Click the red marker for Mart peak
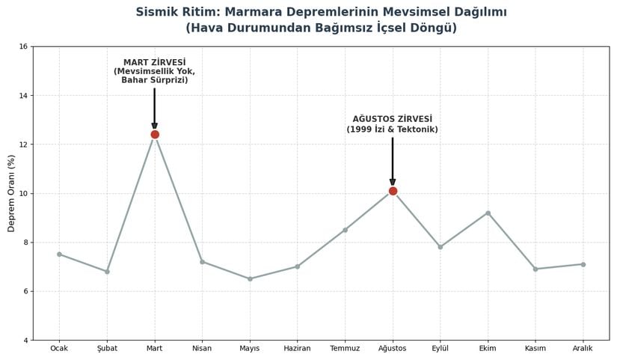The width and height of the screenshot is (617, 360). click(x=155, y=135)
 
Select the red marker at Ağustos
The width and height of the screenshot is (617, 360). click(x=393, y=191)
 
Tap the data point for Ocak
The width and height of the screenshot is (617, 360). click(x=59, y=254)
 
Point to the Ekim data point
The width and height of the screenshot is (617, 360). click(x=488, y=213)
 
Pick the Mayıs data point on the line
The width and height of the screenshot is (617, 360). click(x=250, y=278)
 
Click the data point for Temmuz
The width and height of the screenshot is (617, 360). click(x=345, y=230)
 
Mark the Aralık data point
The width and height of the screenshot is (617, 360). click(x=583, y=264)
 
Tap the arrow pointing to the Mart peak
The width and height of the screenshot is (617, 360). click(x=155, y=109)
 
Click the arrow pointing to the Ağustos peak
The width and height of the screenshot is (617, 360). click(x=393, y=161)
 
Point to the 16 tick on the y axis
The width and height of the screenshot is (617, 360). click(x=23, y=46)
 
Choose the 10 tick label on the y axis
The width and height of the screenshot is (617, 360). click(x=23, y=193)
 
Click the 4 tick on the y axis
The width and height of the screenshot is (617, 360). click(x=25, y=341)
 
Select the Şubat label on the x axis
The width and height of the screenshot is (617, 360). click(x=107, y=349)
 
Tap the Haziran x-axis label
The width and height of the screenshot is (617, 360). click(x=297, y=349)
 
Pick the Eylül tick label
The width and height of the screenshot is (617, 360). click(x=440, y=349)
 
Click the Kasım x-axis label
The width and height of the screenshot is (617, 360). click(x=535, y=349)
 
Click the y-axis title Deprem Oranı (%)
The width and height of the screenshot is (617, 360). click(x=11, y=193)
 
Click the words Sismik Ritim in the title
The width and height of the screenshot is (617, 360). click(x=174, y=12)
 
